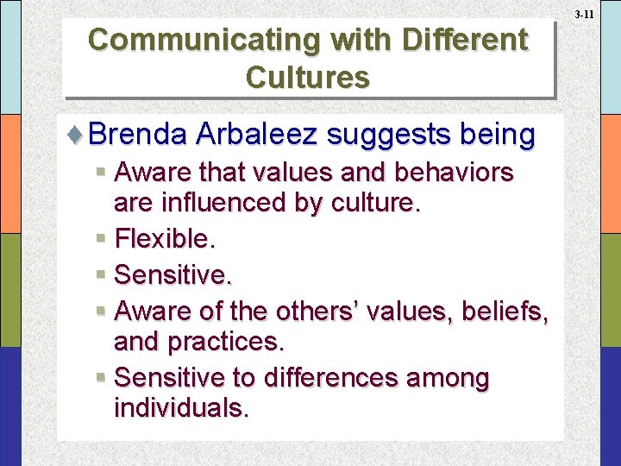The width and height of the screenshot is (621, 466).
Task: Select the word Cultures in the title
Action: (308, 77)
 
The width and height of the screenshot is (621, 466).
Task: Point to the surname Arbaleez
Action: (256, 135)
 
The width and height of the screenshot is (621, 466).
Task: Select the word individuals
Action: (181, 408)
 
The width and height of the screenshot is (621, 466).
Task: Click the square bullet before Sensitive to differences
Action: (102, 378)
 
